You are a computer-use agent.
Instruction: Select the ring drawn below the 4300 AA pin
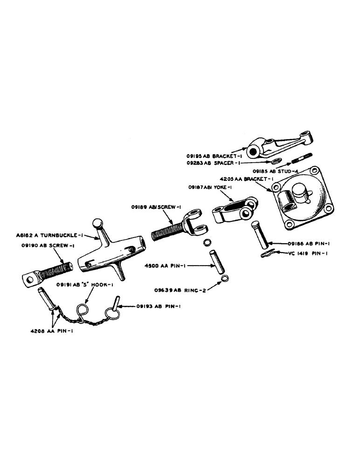225,279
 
